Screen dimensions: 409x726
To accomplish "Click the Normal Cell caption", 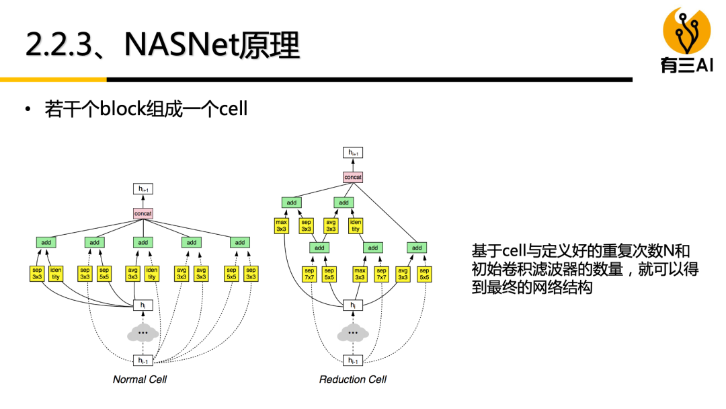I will click(x=140, y=379).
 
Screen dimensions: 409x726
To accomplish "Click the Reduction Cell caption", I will click(x=353, y=379).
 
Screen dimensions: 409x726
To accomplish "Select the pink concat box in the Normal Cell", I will click(x=143, y=213).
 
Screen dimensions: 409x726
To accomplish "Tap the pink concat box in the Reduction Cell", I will click(x=353, y=178).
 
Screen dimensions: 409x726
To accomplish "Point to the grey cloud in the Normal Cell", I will click(x=143, y=333).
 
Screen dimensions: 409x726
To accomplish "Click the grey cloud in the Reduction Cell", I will click(x=352, y=333).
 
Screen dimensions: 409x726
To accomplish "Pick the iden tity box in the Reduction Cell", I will click(x=356, y=225).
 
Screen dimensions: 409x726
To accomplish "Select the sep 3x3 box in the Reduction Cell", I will click(x=306, y=225).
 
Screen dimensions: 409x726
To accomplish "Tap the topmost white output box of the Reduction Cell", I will click(x=353, y=153).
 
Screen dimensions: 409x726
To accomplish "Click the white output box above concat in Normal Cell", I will click(x=143, y=190).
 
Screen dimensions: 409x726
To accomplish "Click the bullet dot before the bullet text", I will click(x=28, y=109).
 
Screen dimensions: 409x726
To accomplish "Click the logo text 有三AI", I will click(x=686, y=65).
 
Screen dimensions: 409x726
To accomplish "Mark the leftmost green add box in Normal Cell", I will click(x=46, y=242).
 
